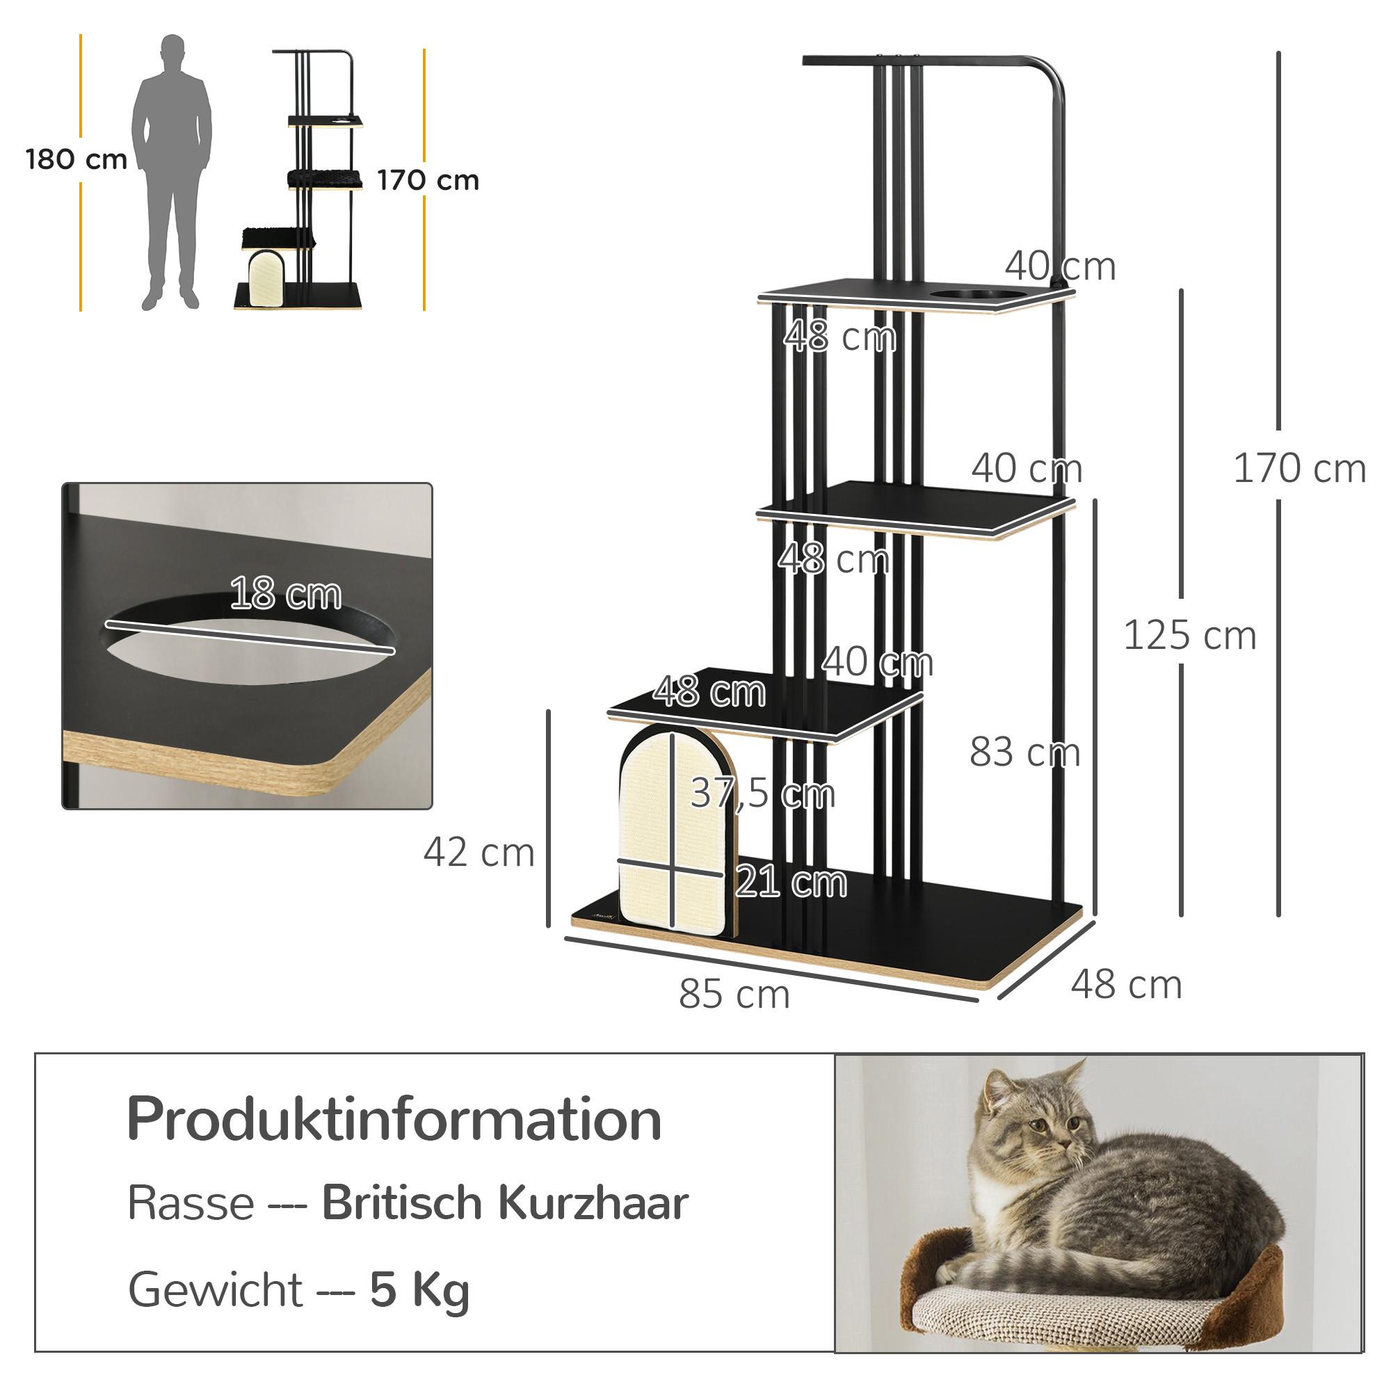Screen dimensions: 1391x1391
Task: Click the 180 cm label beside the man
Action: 77,159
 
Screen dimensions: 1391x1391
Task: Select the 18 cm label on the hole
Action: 285,594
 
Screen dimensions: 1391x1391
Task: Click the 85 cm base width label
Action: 734,995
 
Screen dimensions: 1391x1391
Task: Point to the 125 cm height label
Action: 1189,636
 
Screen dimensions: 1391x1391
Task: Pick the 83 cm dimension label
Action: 1024,752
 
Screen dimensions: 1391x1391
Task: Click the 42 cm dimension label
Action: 479,853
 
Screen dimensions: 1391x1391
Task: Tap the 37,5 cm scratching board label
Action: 762,793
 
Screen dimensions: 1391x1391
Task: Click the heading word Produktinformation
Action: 394,1120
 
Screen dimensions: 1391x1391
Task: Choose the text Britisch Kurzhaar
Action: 505,1203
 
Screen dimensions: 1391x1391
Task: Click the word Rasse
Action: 191,1203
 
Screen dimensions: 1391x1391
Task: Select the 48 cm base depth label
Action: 1126,984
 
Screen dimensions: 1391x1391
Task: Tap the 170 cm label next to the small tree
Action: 428,180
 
